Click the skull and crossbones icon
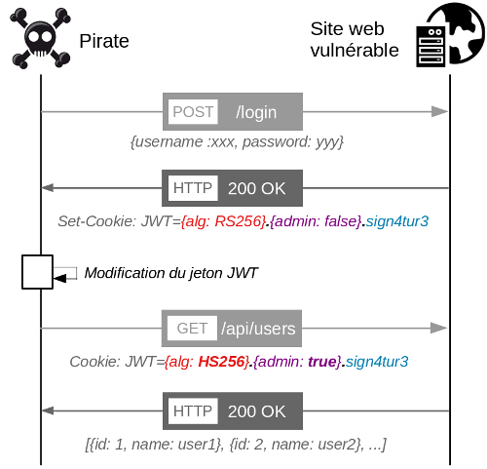(40, 38)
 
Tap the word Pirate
(104, 41)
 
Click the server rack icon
(431, 47)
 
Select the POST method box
(193, 112)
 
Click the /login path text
(256, 113)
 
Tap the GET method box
(192, 329)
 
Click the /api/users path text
(258, 329)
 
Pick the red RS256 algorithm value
(239, 221)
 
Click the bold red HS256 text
(221, 362)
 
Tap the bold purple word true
(322, 362)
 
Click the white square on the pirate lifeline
(37, 272)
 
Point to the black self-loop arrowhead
(59, 279)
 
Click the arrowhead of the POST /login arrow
(439, 111)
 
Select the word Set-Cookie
(97, 221)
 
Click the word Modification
(125, 273)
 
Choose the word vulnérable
(355, 51)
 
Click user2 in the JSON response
(339, 445)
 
